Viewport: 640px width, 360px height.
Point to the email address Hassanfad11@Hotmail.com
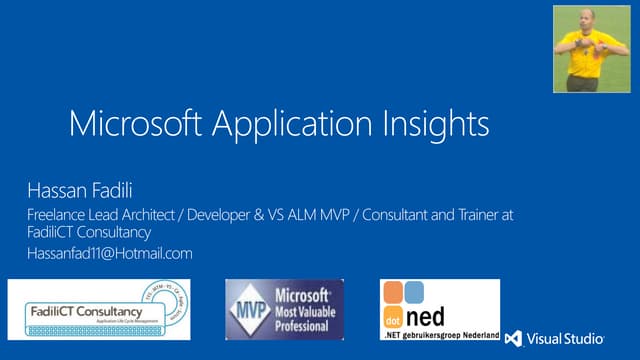pos(109,254)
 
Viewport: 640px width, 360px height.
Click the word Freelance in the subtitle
pos(58,215)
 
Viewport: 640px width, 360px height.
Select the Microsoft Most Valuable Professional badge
pos(285,309)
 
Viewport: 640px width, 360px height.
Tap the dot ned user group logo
pos(439,310)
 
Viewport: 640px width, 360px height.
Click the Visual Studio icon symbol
pos(513,338)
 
